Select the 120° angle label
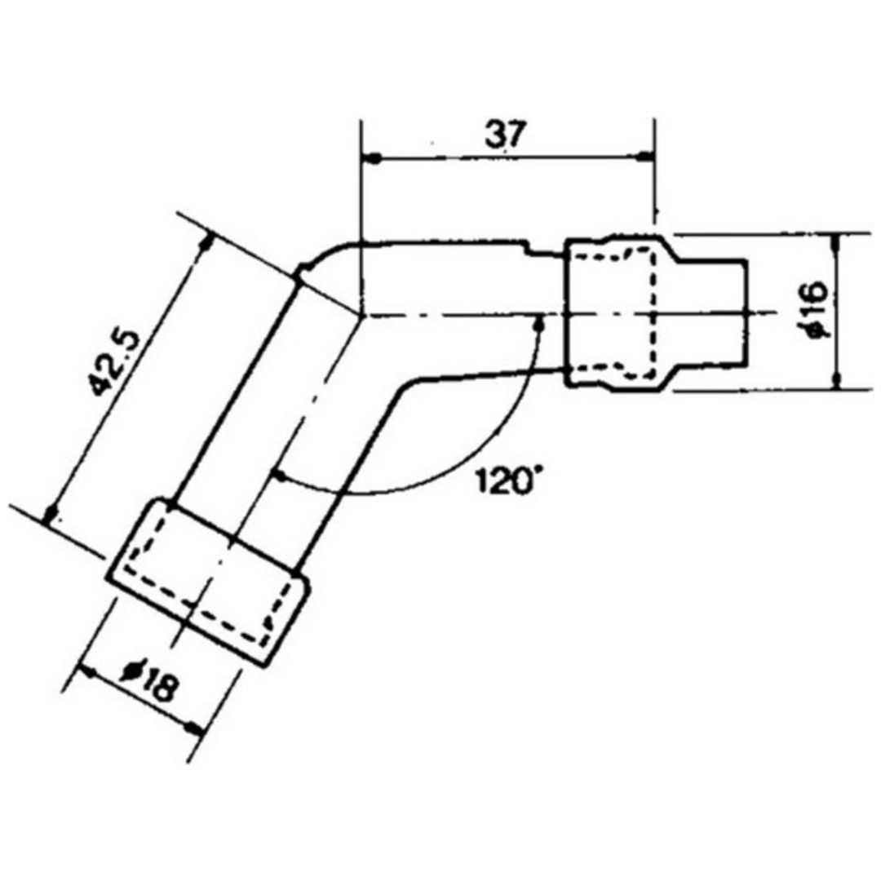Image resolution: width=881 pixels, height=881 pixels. pyautogui.click(x=503, y=481)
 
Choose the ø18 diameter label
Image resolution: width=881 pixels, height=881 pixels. pyautogui.click(x=149, y=682)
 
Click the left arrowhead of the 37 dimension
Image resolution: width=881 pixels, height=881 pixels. pyautogui.click(x=372, y=159)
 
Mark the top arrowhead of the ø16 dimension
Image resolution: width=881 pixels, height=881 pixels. pyautogui.click(x=837, y=243)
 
